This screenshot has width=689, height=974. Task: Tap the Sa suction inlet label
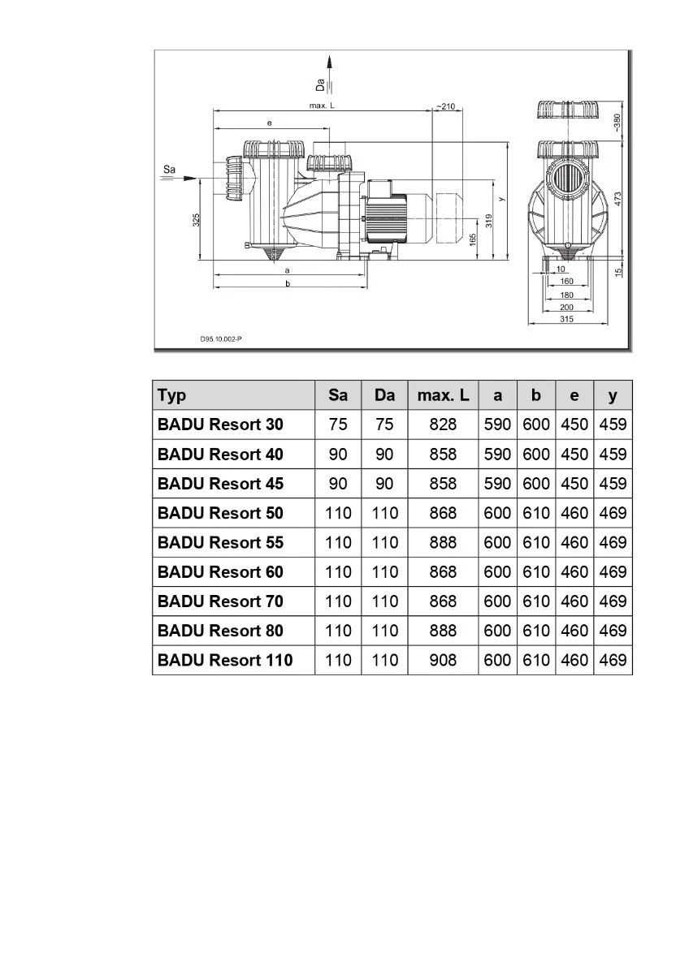[169, 169]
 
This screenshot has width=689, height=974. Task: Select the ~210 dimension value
[445, 106]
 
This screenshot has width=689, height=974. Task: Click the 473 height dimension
[617, 198]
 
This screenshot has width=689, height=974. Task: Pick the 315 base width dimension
[567, 320]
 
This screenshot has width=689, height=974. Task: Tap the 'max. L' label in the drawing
[322, 106]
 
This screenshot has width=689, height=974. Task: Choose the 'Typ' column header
[172, 395]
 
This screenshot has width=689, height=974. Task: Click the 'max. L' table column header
[443, 395]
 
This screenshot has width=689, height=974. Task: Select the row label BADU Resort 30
[220, 425]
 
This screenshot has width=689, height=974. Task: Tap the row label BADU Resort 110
[225, 660]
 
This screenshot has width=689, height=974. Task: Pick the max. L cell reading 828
[443, 425]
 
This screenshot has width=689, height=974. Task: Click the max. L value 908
[443, 660]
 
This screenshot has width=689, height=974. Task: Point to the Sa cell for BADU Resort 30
[338, 425]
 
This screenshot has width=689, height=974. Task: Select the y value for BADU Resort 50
[613, 513]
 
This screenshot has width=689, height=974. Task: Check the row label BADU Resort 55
[220, 542]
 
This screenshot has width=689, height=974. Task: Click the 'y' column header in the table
[613, 395]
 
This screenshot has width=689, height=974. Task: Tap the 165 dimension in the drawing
[473, 241]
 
